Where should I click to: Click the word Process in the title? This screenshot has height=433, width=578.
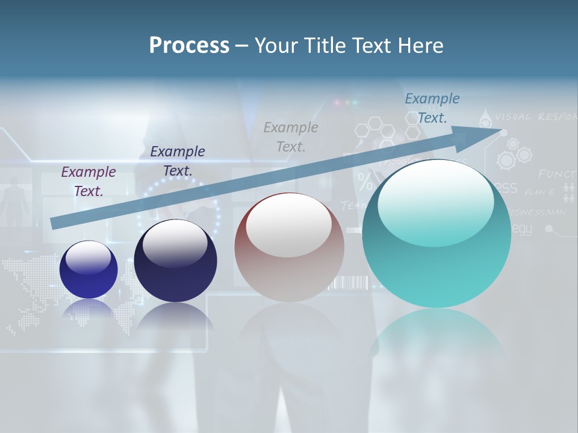click(189, 45)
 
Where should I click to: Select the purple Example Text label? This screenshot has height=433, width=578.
click(89, 181)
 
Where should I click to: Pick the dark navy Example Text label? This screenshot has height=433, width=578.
click(178, 161)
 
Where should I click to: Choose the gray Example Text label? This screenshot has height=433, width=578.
click(291, 137)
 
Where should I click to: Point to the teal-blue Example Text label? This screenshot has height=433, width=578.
click(432, 108)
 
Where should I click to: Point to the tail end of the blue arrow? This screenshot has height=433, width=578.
click(55, 223)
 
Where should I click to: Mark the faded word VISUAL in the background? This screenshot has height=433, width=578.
click(514, 116)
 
